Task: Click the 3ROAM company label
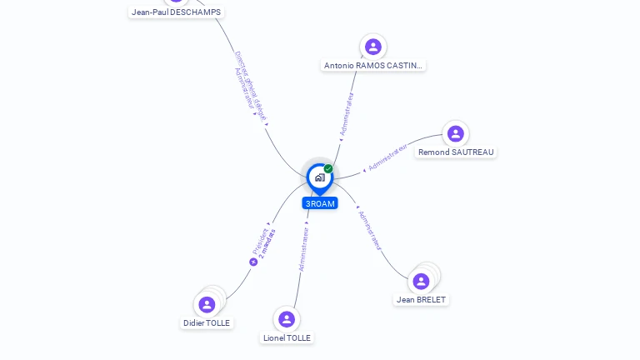(x=320, y=203)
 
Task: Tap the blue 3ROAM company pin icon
(x=319, y=177)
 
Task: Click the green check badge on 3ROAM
(x=328, y=168)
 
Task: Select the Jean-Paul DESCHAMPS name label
(x=176, y=12)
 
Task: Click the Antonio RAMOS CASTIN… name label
(x=373, y=65)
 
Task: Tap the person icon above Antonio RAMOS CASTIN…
(x=373, y=47)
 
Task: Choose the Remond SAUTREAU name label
(x=456, y=152)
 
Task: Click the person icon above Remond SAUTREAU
(x=455, y=133)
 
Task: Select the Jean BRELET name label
(x=421, y=299)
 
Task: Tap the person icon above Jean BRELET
(x=421, y=281)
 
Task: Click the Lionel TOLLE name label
(x=287, y=337)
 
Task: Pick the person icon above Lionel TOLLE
(x=287, y=319)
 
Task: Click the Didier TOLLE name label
(x=207, y=322)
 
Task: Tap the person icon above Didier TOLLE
(x=207, y=304)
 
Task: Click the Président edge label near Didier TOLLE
(x=259, y=240)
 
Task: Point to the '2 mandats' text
(x=268, y=243)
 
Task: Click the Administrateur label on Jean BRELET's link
(x=369, y=230)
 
